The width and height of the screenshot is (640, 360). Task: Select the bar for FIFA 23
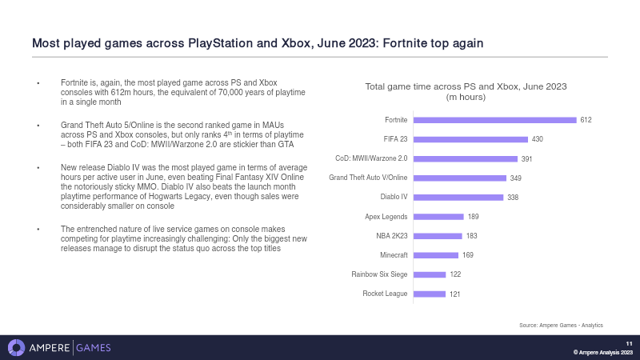[470, 139]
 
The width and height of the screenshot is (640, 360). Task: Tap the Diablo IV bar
[458, 197]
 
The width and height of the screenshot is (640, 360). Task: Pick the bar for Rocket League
[429, 294]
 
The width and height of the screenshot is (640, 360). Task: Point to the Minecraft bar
[435, 255]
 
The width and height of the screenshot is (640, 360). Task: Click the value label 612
[586, 120]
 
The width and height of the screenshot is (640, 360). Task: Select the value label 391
[527, 158]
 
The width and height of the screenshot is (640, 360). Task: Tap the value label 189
[474, 217]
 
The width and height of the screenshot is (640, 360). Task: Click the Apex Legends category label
[386, 217]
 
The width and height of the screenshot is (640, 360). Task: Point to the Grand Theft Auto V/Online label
[368, 178]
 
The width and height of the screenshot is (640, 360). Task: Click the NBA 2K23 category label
[391, 236]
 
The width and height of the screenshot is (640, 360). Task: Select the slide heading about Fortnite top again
[257, 42]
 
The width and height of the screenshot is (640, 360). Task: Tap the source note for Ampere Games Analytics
[561, 325]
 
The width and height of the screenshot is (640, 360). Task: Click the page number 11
[629, 343]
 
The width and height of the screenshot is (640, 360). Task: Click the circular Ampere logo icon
[16, 347]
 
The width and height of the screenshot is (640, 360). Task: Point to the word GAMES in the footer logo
[94, 347]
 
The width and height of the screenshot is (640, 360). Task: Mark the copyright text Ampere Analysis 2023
[603, 352]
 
